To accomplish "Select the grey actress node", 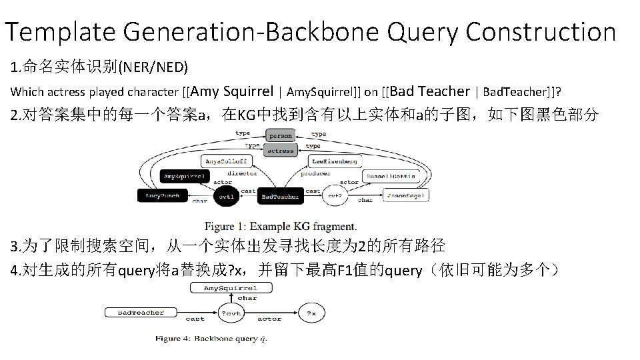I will [280, 151].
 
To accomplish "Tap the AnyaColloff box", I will [225, 161].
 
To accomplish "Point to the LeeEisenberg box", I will [337, 161].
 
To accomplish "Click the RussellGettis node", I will [390, 177].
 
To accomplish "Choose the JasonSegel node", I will [405, 195].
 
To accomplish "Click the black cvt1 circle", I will [227, 197].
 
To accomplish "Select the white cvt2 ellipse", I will [335, 196].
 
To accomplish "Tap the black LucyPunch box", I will [163, 196].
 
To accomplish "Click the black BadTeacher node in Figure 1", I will [279, 197].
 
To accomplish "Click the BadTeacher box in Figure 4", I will [141, 312].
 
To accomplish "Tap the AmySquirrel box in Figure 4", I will [230, 288].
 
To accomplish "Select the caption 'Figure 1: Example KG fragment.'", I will [280, 226].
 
